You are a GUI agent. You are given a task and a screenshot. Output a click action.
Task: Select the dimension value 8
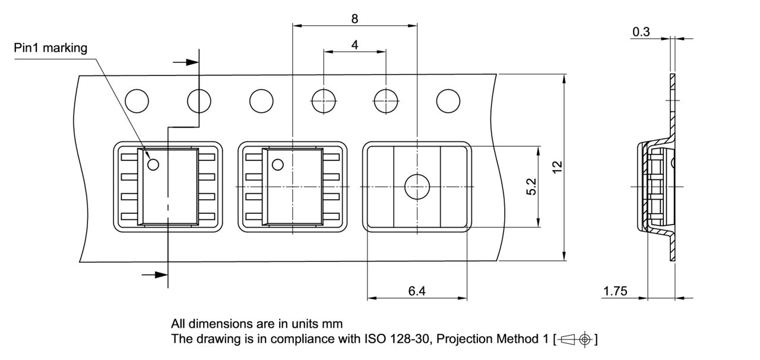tap(354, 18)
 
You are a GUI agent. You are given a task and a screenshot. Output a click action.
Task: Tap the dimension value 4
tap(354, 45)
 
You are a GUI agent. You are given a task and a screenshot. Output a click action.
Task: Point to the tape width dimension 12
tap(556, 168)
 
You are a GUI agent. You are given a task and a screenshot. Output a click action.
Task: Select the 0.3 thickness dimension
tap(641, 32)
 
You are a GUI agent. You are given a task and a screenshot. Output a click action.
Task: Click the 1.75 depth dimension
tap(615, 291)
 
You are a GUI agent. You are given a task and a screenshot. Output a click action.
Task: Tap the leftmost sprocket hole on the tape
tap(136, 100)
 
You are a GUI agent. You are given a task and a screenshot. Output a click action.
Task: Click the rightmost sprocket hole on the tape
tap(448, 100)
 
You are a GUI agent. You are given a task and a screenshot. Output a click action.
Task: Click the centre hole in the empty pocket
tap(416, 187)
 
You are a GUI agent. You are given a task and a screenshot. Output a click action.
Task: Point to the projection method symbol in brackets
tap(575, 340)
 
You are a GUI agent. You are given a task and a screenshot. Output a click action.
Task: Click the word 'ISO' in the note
tap(376, 340)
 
